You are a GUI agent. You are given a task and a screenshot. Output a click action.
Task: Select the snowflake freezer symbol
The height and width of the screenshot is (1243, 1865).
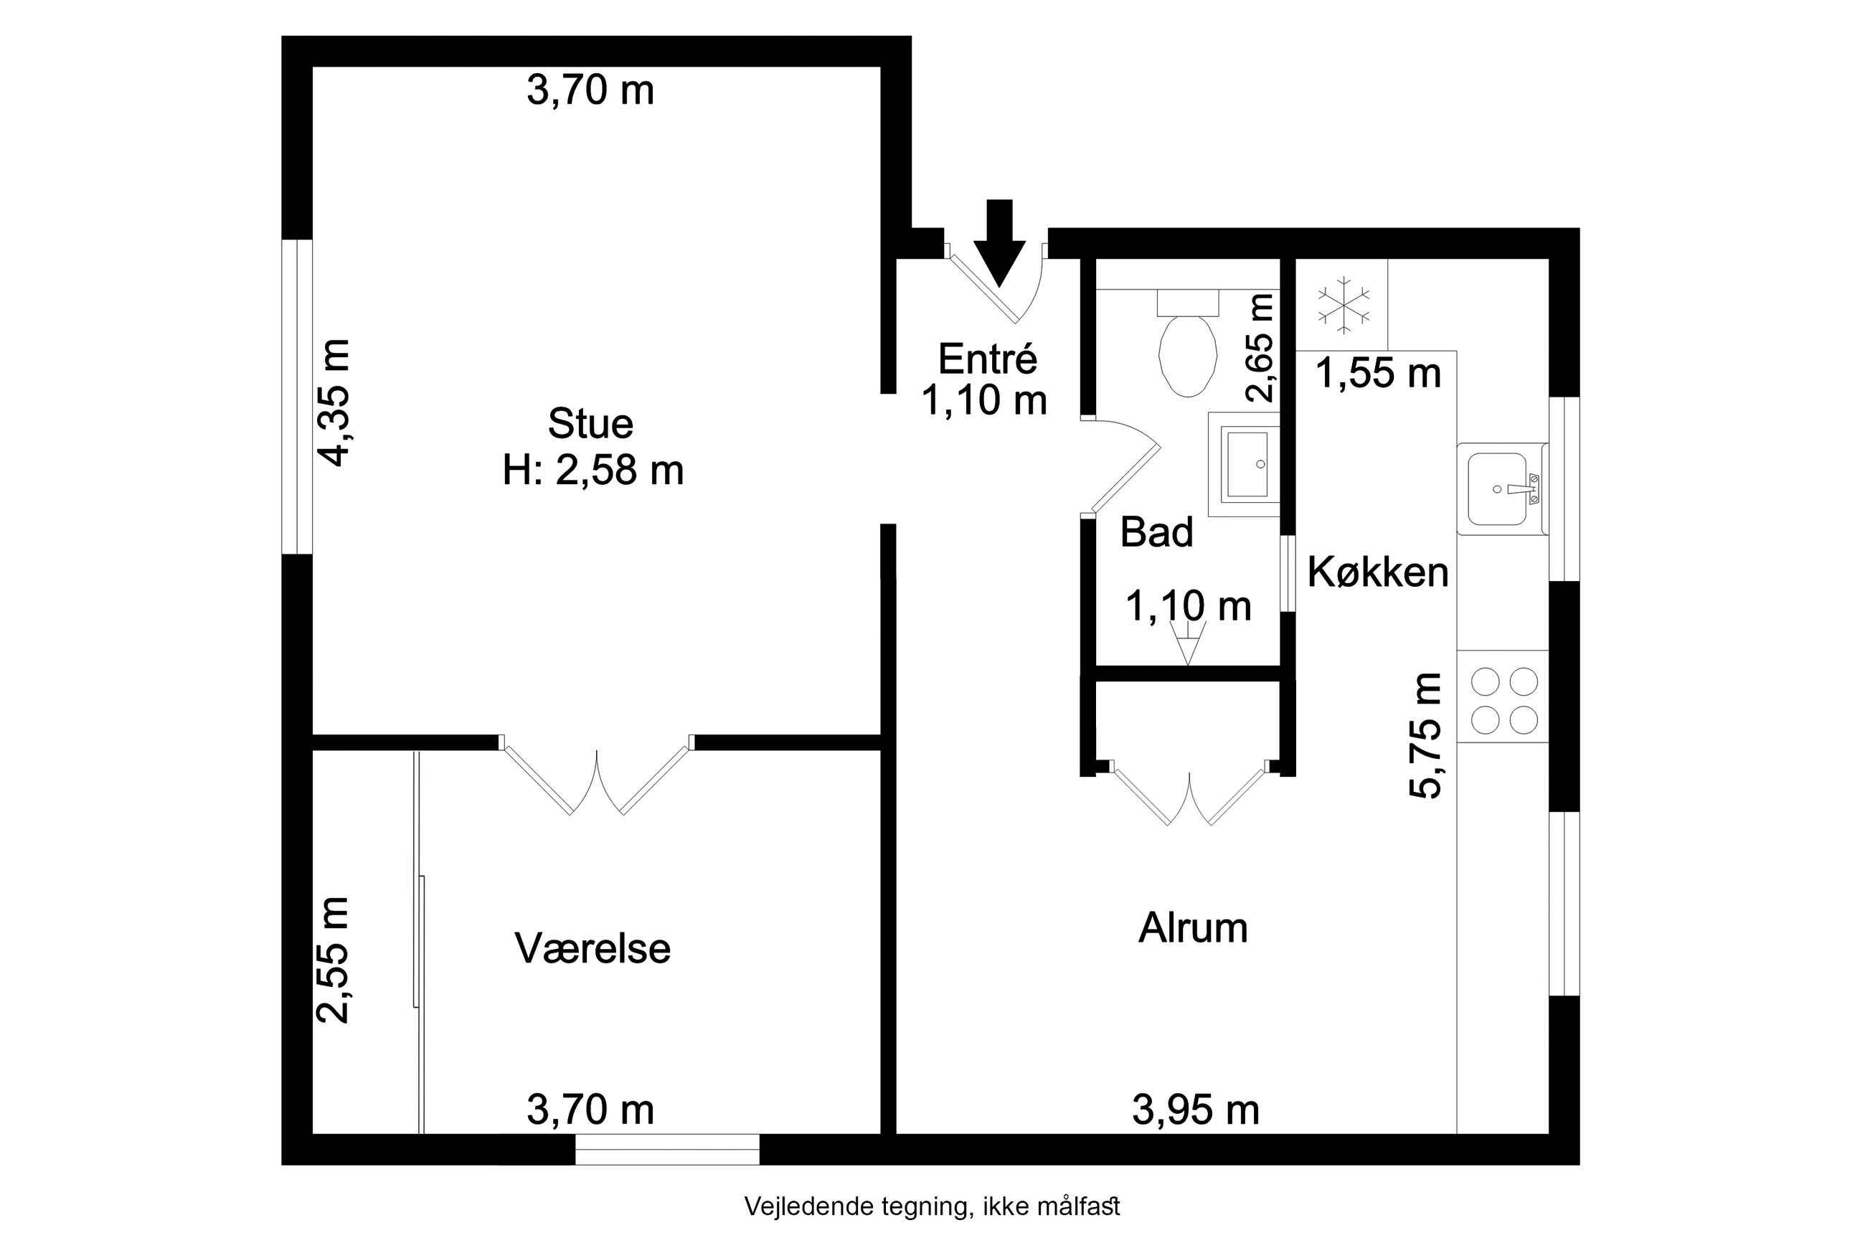[1344, 304]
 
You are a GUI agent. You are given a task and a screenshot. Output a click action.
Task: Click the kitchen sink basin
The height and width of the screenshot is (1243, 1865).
[1497, 489]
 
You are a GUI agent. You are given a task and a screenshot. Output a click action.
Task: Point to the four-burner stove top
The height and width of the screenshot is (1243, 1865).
[1503, 701]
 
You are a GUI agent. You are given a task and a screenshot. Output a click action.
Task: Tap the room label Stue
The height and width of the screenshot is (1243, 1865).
[590, 424]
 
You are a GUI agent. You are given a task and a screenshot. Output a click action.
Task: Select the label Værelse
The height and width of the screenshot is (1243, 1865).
[593, 948]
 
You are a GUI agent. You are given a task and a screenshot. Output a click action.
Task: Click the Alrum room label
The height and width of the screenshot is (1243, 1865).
[1193, 927]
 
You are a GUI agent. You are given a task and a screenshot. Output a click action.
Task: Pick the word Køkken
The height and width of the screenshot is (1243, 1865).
[1379, 572]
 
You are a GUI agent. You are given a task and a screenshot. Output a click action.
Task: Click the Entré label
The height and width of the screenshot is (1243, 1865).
[988, 359]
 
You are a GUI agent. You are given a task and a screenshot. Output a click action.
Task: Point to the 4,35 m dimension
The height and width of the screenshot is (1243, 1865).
[334, 402]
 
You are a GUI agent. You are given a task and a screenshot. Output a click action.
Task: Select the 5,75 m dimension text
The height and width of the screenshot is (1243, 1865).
[1425, 735]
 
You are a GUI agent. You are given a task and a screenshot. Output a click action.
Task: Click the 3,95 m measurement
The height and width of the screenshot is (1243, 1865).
[1196, 1110]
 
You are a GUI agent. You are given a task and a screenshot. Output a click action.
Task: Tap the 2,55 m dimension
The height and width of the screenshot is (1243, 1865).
[333, 960]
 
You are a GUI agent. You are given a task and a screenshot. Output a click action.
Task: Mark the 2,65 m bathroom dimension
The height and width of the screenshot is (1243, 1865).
[1260, 348]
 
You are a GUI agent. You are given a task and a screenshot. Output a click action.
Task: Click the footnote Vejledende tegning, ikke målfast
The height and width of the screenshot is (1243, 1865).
[932, 1206]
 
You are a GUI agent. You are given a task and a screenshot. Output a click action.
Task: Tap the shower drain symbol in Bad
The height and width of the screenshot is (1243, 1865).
[1187, 642]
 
